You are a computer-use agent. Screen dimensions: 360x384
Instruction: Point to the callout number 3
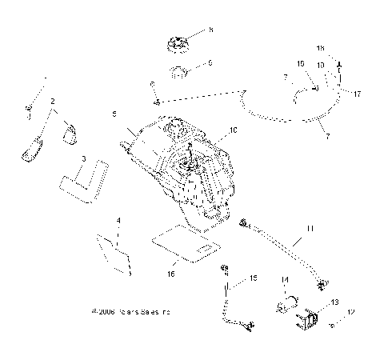(84, 160)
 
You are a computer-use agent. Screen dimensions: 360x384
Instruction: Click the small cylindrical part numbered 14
(286, 305)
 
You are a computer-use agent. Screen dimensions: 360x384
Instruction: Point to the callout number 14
(284, 279)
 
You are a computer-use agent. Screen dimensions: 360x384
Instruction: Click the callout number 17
(358, 94)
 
